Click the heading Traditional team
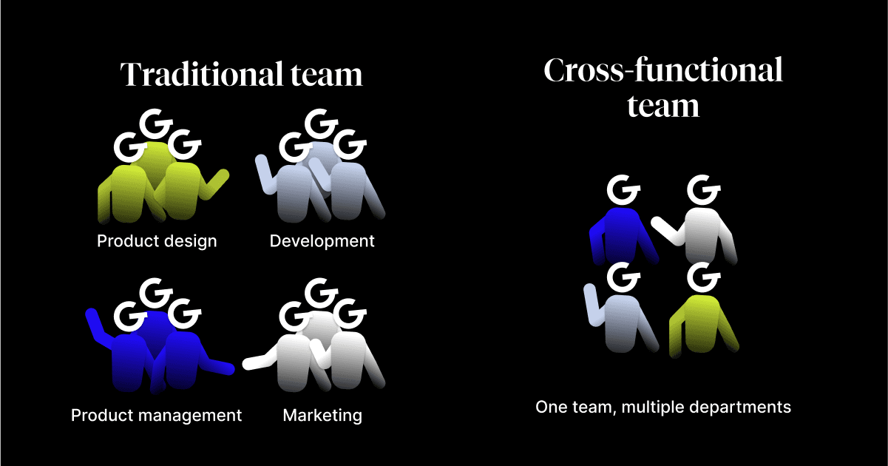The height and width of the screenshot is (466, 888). pyautogui.click(x=242, y=75)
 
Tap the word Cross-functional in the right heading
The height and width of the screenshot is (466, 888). pyautogui.click(x=662, y=71)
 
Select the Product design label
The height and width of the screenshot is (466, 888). pyautogui.click(x=157, y=241)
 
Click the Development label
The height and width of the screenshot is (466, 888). pyautogui.click(x=322, y=241)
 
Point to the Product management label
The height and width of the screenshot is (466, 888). pyautogui.click(x=156, y=415)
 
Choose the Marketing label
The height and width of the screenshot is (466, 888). pyautogui.click(x=322, y=415)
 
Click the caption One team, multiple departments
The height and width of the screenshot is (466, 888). pyautogui.click(x=663, y=407)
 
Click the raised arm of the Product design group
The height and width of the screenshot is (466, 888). pyautogui.click(x=217, y=181)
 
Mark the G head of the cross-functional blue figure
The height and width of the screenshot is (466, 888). pyautogui.click(x=623, y=190)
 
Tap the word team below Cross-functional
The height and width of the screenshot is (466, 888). pyautogui.click(x=662, y=106)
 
